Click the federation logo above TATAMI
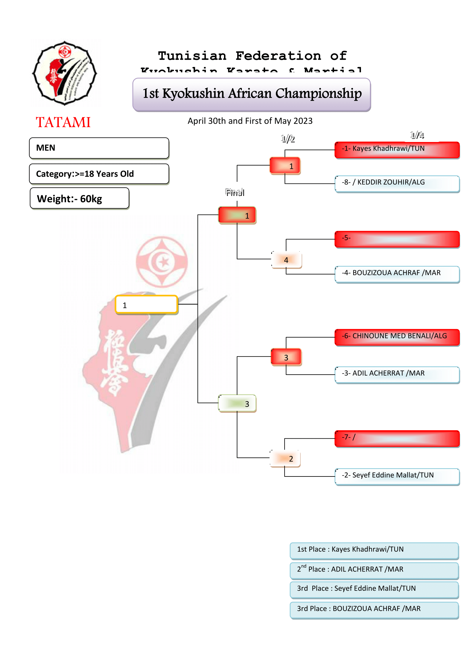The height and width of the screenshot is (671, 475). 64,73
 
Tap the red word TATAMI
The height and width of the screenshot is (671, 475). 63,122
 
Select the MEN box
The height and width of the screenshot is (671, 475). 99,148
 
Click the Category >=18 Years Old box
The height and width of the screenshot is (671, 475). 99,174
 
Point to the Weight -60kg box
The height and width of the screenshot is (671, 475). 79,199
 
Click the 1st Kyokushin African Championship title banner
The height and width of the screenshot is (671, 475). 252,94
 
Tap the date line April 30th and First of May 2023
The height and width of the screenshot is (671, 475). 250,121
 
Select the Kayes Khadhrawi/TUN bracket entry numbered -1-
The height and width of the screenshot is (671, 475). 397,150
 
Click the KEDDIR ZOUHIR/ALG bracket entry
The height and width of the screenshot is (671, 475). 397,183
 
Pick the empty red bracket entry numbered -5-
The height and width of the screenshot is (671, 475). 397,239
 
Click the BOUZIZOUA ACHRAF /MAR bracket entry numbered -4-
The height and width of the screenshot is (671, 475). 397,274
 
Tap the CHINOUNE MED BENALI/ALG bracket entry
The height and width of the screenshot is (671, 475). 397,337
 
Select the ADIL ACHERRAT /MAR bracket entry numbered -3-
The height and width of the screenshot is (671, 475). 397,374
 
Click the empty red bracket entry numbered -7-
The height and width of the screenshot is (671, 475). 397,438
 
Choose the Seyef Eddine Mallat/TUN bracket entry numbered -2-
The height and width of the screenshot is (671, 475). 397,476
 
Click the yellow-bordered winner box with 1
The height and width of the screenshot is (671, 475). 146,305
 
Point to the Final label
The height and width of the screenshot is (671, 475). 235,192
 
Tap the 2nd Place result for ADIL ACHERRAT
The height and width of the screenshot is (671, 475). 374,570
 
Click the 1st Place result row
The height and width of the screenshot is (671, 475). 374,550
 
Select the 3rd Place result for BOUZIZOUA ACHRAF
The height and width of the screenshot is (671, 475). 374,610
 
